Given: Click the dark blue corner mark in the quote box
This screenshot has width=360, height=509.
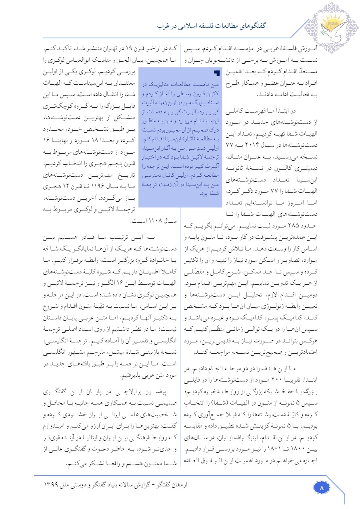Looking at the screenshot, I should tap(217, 73).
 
